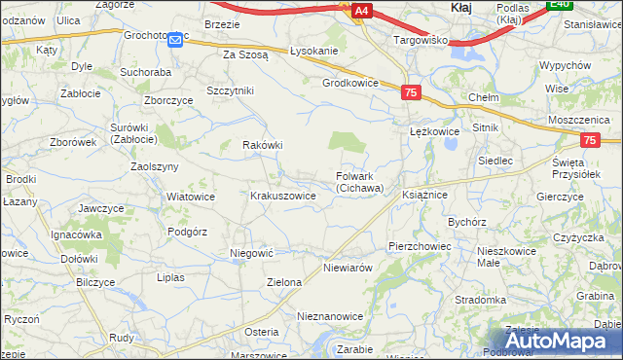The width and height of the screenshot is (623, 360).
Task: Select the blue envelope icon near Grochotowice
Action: (x=175, y=39)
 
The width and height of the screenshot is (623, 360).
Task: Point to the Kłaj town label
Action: (x=462, y=8)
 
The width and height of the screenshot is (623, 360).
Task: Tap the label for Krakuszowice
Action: (x=283, y=196)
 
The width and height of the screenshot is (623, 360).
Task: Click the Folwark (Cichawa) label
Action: (x=359, y=182)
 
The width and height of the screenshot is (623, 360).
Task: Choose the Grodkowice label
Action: (x=349, y=83)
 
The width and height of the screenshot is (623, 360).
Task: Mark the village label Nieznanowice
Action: (x=330, y=317)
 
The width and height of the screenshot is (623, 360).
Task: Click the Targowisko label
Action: (x=420, y=41)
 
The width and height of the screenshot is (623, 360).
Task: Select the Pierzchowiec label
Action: (x=419, y=246)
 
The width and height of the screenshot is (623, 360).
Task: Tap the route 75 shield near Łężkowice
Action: (x=410, y=91)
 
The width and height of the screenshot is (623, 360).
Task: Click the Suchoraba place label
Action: (x=145, y=72)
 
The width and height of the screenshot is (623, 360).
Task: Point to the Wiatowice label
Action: (x=191, y=196)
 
